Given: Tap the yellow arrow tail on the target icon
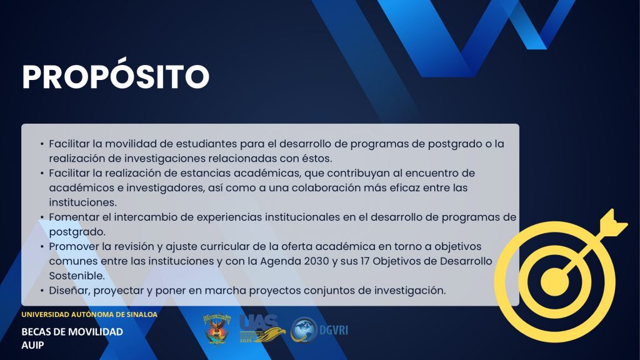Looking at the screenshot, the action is [x=612, y=224].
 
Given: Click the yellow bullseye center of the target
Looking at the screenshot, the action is [x=554, y=282].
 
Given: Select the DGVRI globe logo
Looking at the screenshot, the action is [x=304, y=330].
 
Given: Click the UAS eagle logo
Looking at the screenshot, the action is [x=262, y=329].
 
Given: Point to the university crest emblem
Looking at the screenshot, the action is [x=217, y=329].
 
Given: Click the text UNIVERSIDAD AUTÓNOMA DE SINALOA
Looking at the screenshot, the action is [x=89, y=315].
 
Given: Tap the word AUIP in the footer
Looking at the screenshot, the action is [x=32, y=345].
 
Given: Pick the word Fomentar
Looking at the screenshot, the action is [x=74, y=217].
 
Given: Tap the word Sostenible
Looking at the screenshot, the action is [x=77, y=276].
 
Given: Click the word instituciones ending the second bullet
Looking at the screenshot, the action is [x=83, y=202].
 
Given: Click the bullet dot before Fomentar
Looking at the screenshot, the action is [x=42, y=217].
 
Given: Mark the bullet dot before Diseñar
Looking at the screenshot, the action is [x=42, y=291].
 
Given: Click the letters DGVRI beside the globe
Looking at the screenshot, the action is [x=334, y=330].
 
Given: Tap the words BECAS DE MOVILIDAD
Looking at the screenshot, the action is [x=72, y=332].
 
